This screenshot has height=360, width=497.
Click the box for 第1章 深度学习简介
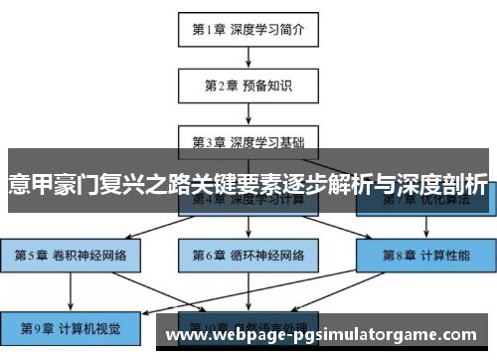click(x=248, y=30)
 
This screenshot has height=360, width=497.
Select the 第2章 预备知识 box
click(x=248, y=86)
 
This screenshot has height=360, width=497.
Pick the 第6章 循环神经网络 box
click(x=248, y=255)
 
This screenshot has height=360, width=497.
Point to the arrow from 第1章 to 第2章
click(x=248, y=58)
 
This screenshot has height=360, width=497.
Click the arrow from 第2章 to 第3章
click(x=248, y=113)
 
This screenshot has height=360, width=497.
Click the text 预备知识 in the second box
click(x=267, y=86)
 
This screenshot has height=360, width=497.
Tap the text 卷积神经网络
click(x=87, y=255)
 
